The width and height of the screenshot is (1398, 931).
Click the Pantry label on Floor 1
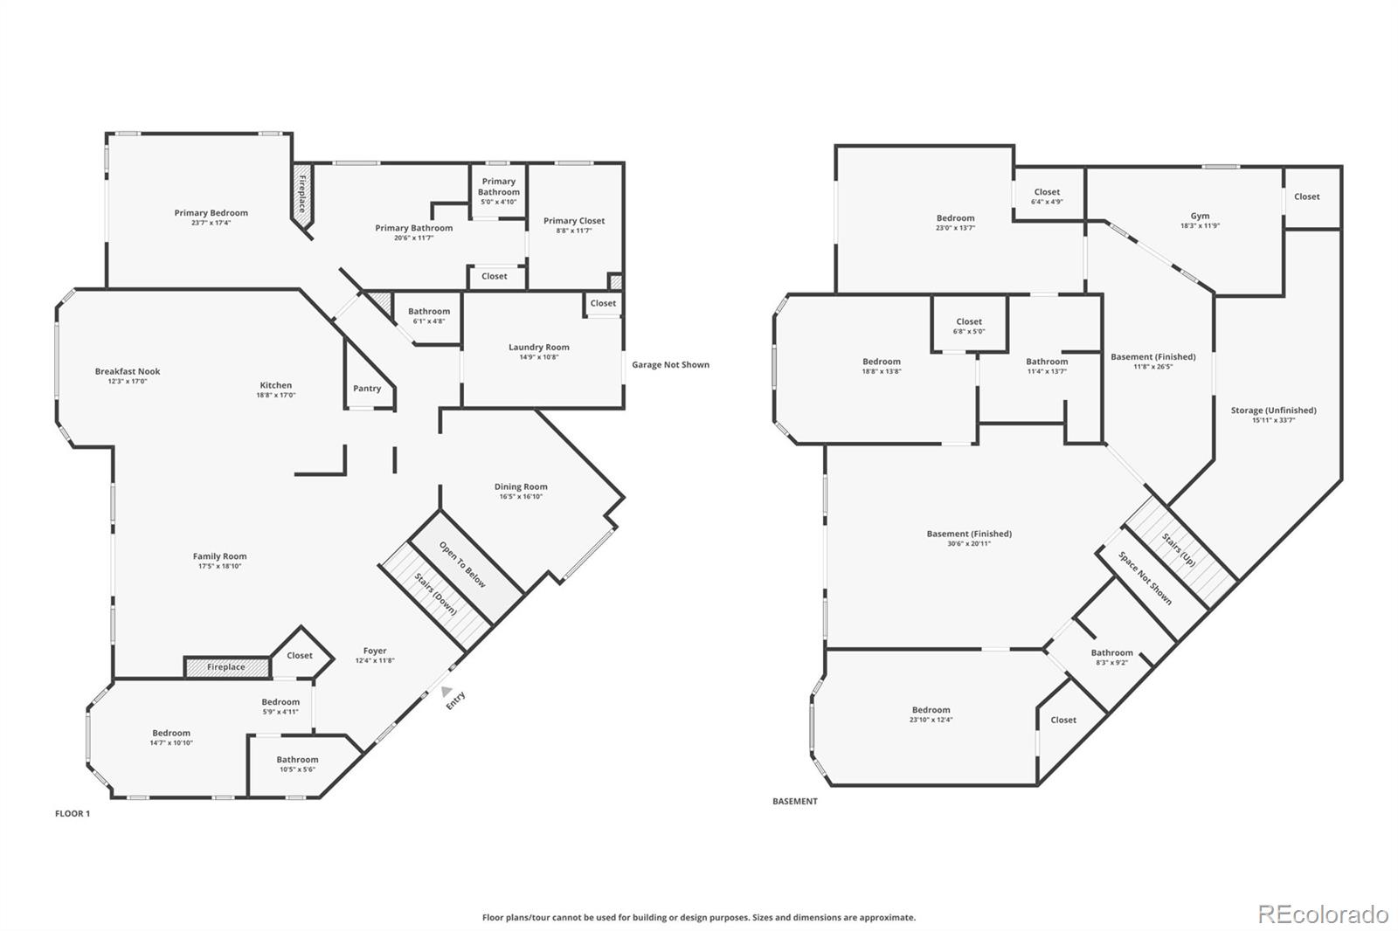click(367, 389)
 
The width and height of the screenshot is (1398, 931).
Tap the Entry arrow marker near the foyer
click(446, 690)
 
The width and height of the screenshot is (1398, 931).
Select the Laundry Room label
click(538, 348)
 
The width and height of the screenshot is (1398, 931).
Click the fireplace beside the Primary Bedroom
click(302, 199)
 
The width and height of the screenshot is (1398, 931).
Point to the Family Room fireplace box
click(226, 667)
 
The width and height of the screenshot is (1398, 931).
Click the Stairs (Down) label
click(435, 594)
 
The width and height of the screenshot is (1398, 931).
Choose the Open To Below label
click(462, 565)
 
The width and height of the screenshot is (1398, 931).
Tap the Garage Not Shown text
click(670, 365)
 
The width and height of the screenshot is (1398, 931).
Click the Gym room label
click(1200, 216)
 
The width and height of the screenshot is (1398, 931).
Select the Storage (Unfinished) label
click(1273, 410)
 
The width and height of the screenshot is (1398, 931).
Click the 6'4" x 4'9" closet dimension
click(1046, 202)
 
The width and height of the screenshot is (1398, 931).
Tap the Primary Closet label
click(573, 221)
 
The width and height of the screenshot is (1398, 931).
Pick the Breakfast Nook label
click(128, 371)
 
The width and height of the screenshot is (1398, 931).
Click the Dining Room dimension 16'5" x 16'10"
click(521, 497)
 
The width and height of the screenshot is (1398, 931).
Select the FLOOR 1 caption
click(73, 814)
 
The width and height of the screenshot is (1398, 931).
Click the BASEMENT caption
click(794, 802)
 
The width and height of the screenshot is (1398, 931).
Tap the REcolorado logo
click(1322, 914)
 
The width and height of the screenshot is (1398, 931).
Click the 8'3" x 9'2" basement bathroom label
click(1111, 663)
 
